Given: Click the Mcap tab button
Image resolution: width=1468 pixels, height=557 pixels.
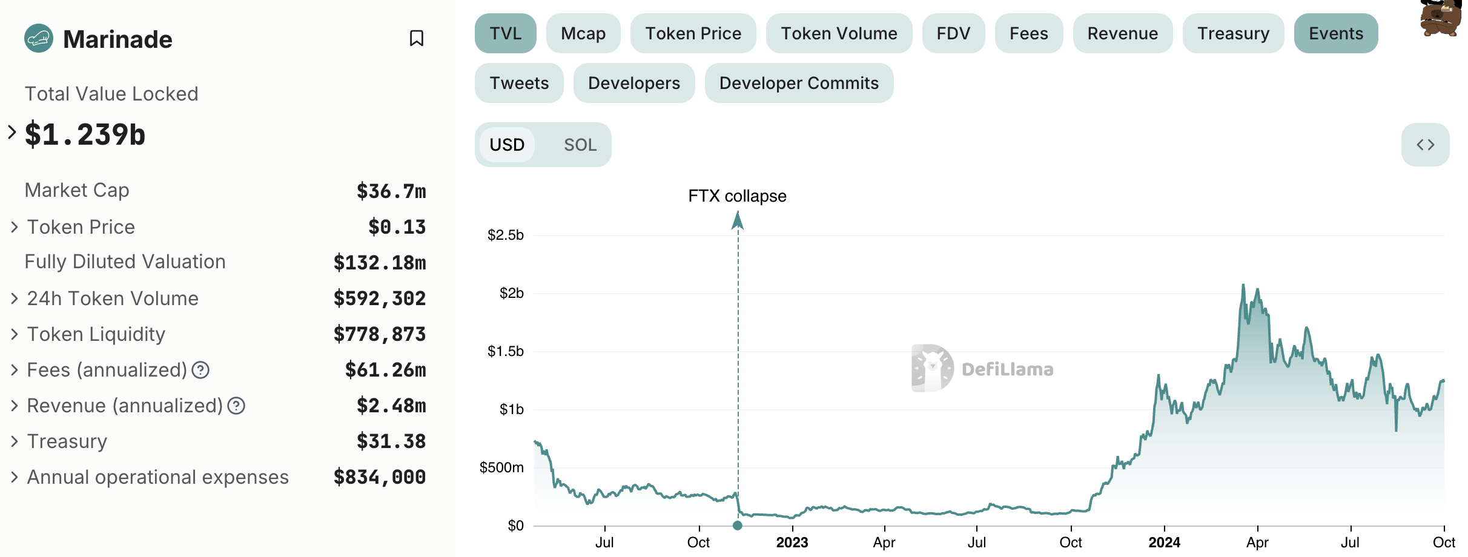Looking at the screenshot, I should coord(583,33).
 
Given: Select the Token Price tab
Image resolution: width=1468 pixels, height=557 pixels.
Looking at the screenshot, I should coord(693,33).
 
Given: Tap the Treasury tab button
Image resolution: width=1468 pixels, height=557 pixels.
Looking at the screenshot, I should coord(1233,33).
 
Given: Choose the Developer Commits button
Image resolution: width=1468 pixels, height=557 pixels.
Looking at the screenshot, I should coord(799,83).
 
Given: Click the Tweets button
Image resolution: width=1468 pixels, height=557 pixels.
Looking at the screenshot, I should coord(519,83).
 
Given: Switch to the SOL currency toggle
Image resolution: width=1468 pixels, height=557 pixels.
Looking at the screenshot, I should coord(580,145).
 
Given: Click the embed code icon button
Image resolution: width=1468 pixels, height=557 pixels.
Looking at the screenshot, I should coord(1425,145).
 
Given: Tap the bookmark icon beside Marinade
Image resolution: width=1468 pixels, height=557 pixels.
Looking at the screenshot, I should coord(416,39).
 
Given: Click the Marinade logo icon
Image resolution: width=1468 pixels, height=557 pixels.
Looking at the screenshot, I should coord(39,39).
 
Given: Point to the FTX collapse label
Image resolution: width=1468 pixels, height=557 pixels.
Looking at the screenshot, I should coord(737,196).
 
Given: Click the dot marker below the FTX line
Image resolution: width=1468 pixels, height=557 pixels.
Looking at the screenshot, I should coord(737,526).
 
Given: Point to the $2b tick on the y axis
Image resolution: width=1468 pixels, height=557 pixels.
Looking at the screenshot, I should coord(511,294).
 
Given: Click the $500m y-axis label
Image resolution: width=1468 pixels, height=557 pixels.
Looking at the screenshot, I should coord(501,467).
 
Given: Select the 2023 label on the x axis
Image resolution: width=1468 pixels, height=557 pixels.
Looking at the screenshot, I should coord(792,542).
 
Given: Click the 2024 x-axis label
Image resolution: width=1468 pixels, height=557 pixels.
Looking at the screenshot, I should coord(1164,542).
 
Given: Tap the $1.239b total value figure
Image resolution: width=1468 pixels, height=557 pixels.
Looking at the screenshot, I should coord(85,134).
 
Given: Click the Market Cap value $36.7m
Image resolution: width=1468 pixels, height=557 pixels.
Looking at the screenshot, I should coord(391,191).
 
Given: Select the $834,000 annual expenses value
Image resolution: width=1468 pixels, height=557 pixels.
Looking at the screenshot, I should coord(380,477).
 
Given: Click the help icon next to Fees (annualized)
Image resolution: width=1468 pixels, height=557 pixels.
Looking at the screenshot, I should coord(200,370).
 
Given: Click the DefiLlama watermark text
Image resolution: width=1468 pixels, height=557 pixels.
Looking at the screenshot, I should coord(1007,369).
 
